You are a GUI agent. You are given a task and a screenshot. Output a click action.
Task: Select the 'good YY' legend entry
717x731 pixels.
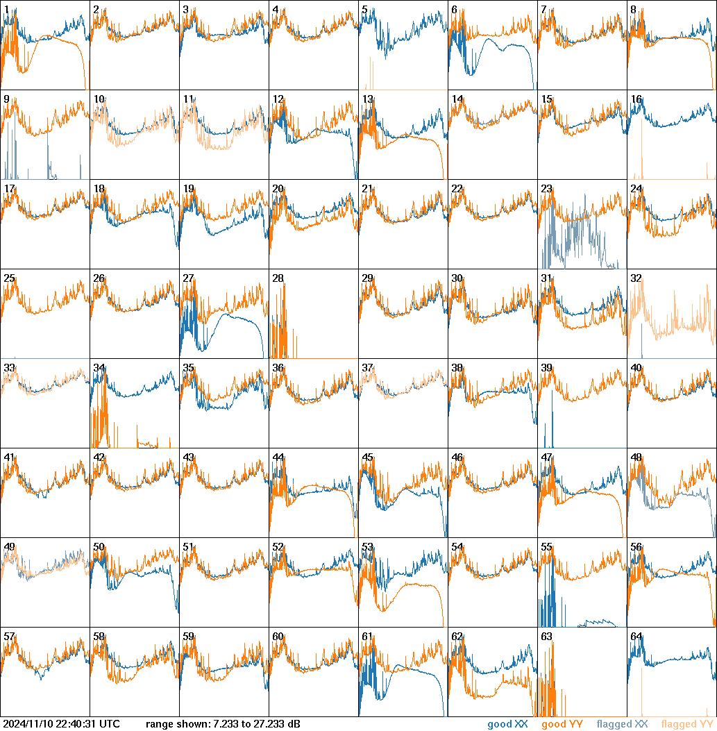click(562, 724)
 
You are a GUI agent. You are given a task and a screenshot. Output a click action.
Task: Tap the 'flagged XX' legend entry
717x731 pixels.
click(623, 724)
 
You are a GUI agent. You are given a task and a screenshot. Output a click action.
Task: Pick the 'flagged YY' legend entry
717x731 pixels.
click(687, 724)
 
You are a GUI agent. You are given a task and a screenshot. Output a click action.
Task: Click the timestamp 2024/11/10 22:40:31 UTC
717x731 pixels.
click(61, 724)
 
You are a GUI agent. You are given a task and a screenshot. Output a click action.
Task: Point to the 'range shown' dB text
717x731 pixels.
click(223, 724)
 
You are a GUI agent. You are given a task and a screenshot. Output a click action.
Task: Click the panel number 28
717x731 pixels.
click(278, 278)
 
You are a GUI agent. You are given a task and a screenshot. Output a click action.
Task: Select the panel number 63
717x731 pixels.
click(546, 636)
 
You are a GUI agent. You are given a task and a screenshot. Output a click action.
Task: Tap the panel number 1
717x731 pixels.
click(6, 10)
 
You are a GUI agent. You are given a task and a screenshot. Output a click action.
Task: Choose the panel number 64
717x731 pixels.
click(636, 636)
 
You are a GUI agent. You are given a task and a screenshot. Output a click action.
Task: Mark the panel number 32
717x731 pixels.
click(636, 278)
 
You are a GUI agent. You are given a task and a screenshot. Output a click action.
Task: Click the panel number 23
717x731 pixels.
click(546, 189)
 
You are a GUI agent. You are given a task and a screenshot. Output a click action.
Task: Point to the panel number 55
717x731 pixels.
click(546, 547)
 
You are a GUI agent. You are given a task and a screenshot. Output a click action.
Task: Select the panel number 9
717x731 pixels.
click(6, 99)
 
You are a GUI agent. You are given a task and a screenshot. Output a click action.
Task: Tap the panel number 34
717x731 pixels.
click(99, 368)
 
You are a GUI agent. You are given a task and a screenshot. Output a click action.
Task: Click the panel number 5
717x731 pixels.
click(364, 10)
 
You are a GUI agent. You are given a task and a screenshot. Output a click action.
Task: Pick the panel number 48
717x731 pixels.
click(636, 457)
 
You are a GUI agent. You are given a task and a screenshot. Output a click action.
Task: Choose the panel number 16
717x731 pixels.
click(636, 99)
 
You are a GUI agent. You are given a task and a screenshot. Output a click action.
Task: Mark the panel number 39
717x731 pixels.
click(546, 368)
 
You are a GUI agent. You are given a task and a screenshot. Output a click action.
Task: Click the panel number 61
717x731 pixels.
click(367, 636)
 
